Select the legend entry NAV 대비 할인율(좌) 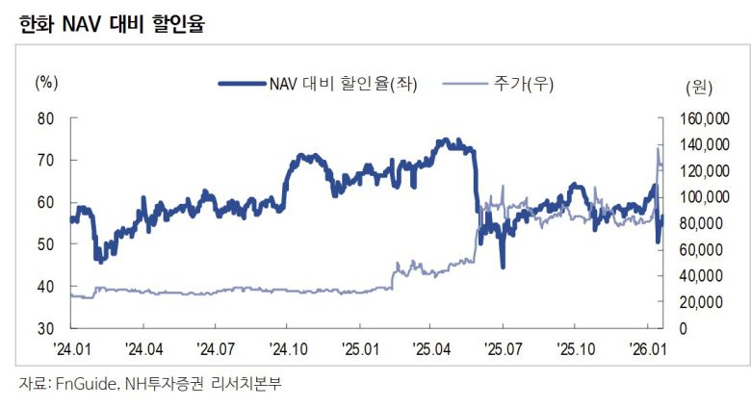click(327, 83)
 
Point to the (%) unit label click(46, 82)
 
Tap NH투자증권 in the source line click(166, 384)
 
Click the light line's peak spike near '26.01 click(658, 147)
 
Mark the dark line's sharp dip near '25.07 click(503, 267)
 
